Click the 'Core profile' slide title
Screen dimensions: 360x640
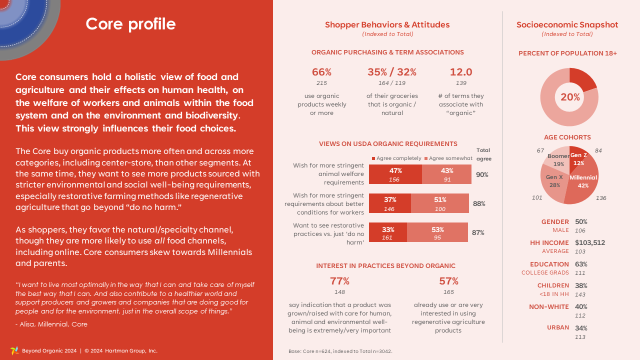point(130,24)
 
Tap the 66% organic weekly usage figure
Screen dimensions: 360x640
point(321,72)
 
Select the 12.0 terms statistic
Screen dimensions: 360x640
point(460,72)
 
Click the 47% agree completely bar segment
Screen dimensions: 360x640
point(395,174)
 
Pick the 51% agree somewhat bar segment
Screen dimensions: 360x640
point(440,203)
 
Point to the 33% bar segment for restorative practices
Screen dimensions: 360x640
point(388,233)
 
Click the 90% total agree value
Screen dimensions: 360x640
point(482,175)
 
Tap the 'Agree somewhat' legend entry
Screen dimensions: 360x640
point(448,158)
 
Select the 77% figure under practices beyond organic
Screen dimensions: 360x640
point(339,281)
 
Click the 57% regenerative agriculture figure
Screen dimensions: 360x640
point(448,281)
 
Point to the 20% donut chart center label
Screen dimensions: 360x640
point(570,97)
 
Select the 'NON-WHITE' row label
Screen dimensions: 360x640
point(548,307)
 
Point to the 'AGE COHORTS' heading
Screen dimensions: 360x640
point(567,137)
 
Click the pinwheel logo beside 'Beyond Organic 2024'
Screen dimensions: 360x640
point(14,350)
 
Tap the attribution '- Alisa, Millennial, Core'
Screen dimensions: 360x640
point(51,324)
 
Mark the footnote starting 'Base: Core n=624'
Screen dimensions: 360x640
point(340,351)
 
